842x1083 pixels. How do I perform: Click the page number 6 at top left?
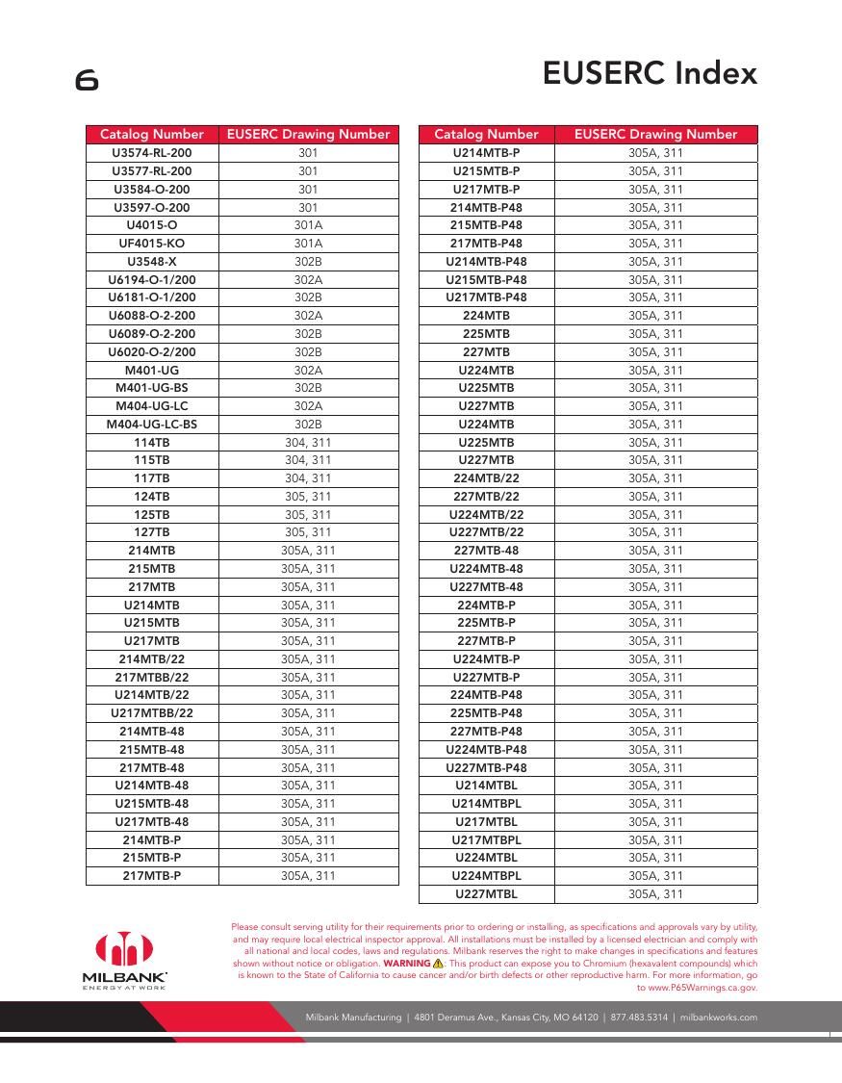(x=87, y=81)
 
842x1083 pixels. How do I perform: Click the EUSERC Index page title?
(x=650, y=73)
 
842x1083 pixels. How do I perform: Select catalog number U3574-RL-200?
(x=152, y=153)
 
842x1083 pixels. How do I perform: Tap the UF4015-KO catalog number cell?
(x=152, y=244)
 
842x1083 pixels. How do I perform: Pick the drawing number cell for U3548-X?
(x=308, y=262)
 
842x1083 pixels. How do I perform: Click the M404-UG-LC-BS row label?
(x=152, y=425)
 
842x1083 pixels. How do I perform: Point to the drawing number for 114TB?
(x=308, y=443)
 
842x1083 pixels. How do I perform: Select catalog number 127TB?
(x=152, y=532)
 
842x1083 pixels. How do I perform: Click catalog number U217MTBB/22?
(x=152, y=713)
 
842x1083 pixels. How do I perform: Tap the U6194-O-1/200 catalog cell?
(x=152, y=279)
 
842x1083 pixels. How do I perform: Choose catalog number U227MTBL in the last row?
(x=486, y=894)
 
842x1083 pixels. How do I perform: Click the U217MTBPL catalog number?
(x=486, y=840)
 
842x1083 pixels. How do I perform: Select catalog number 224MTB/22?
(x=486, y=478)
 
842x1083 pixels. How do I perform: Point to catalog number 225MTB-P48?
(x=486, y=713)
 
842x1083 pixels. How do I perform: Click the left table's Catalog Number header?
(x=152, y=135)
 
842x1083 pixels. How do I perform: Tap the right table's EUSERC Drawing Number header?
(x=655, y=135)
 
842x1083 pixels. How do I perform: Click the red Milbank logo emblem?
(x=124, y=948)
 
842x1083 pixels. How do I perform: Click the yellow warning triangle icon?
(x=438, y=963)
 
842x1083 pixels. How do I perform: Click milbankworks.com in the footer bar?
(x=719, y=1018)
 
